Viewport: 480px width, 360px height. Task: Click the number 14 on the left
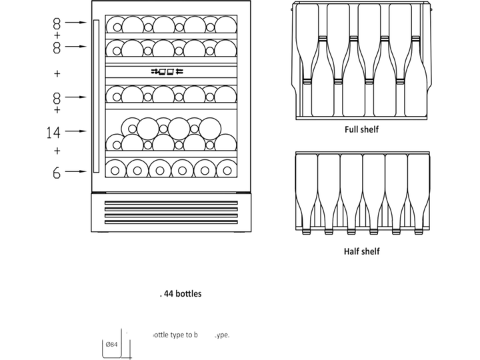(54, 132)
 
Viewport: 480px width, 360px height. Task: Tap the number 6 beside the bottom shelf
(57, 173)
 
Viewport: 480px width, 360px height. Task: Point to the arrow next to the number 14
(79, 131)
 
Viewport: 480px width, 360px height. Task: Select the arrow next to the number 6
(79, 172)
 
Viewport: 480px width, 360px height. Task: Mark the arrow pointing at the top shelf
(79, 22)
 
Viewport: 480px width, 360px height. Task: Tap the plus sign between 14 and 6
(57, 151)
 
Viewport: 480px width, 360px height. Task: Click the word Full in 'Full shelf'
(351, 129)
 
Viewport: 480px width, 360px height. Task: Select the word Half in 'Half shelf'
(352, 251)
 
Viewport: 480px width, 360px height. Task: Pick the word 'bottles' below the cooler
(189, 293)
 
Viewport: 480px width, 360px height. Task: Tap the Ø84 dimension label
(111, 345)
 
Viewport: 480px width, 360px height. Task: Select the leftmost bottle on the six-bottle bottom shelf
(115, 169)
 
